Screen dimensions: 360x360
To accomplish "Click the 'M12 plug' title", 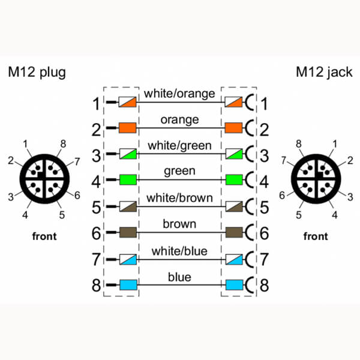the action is pyautogui.click(x=37, y=73).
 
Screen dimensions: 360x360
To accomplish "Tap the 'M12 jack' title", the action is pyautogui.click(x=324, y=73).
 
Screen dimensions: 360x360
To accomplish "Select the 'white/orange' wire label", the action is pyautogui.click(x=179, y=94).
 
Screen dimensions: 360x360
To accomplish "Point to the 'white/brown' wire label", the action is pyautogui.click(x=179, y=198).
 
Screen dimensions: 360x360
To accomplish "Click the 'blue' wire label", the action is pyautogui.click(x=179, y=277).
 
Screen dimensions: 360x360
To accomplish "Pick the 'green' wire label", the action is pyautogui.click(x=179, y=171).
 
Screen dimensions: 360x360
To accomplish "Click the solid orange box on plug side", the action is pyautogui.click(x=128, y=128).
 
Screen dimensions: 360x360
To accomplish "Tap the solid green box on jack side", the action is pyautogui.click(x=234, y=179).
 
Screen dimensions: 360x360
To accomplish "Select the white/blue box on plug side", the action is pyautogui.click(x=128, y=259).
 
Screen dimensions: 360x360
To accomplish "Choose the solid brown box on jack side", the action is pyautogui.click(x=234, y=232).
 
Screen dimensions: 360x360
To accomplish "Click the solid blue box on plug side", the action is pyautogui.click(x=128, y=285).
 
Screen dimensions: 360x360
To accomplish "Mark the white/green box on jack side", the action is pyautogui.click(x=234, y=154).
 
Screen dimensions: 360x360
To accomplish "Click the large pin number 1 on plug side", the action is pyautogui.click(x=96, y=104).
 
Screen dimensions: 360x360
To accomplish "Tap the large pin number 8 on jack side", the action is pyautogui.click(x=264, y=285).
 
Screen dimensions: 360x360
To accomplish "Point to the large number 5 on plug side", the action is pyautogui.click(x=96, y=208).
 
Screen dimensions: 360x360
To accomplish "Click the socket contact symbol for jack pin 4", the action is pyautogui.click(x=250, y=179).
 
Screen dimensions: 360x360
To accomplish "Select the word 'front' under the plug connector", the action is pyautogui.click(x=44, y=236).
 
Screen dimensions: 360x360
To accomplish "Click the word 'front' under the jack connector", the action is pyautogui.click(x=316, y=236).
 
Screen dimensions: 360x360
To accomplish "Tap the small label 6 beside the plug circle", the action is pyautogui.click(x=77, y=196).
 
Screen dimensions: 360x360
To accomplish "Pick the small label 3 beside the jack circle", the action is pyautogui.click(x=350, y=197).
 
